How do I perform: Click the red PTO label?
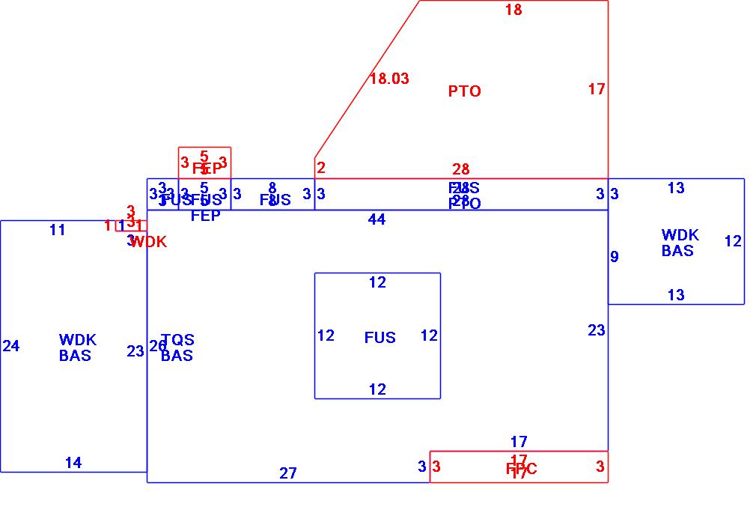click(x=464, y=91)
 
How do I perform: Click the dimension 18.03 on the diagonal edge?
click(x=389, y=79)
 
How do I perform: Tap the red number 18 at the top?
click(x=513, y=10)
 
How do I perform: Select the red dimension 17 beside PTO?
click(x=596, y=89)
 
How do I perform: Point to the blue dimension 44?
click(x=377, y=219)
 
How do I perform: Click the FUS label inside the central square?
click(x=379, y=338)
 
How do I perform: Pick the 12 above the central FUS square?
click(x=377, y=282)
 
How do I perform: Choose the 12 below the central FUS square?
click(x=377, y=389)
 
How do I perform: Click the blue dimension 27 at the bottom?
click(x=288, y=473)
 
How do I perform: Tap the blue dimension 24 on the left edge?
click(x=11, y=346)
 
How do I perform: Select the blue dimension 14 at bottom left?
click(x=73, y=463)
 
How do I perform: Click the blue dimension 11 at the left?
click(x=58, y=230)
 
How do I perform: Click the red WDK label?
click(x=148, y=242)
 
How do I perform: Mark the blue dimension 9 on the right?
click(x=615, y=257)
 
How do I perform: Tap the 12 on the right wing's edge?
click(x=733, y=241)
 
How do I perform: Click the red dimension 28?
click(x=460, y=170)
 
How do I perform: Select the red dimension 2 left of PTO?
click(x=321, y=168)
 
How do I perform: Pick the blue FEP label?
click(x=205, y=216)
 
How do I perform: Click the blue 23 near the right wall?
click(x=596, y=330)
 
